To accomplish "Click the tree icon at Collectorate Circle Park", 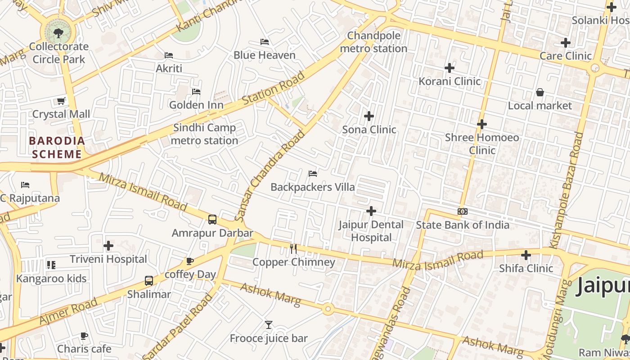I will [x=58, y=32].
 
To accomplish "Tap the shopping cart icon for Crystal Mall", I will [x=61, y=101].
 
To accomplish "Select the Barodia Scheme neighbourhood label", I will [x=57, y=148].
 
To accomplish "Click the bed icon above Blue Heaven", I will [x=265, y=42].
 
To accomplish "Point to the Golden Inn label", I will [x=196, y=105].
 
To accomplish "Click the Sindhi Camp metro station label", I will [x=205, y=134].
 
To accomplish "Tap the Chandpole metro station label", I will [x=373, y=42].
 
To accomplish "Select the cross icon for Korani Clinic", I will [x=450, y=68].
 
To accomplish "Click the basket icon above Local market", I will [x=540, y=92].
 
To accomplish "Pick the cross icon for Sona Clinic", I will [x=369, y=116].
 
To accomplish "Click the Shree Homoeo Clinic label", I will [x=482, y=144].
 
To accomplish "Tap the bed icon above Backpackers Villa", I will [x=313, y=174].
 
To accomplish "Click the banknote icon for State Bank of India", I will [x=463, y=211].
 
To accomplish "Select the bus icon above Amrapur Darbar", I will [x=212, y=220].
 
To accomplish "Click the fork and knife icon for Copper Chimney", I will [x=293, y=248].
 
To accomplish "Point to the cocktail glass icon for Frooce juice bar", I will [x=269, y=325].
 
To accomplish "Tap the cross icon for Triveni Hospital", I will [x=108, y=246].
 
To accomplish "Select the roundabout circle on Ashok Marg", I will [x=328, y=309].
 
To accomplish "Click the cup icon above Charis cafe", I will [x=84, y=336].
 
